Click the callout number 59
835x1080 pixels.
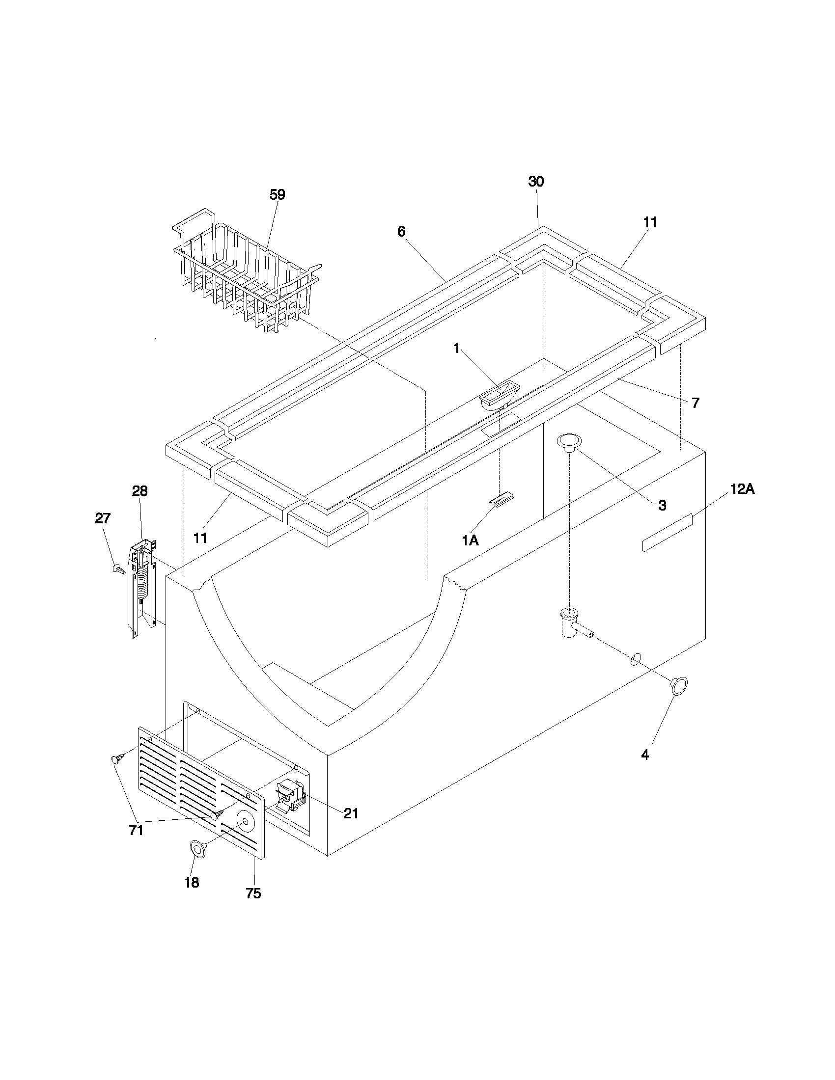277,195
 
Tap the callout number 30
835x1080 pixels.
536,182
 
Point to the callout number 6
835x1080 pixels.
401,231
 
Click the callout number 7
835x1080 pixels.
696,403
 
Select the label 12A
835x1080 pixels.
742,489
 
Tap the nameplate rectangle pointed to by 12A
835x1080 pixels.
667,533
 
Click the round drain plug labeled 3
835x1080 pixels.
569,442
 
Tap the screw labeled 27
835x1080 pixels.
119,569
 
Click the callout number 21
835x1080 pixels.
351,813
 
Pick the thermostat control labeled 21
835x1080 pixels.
292,796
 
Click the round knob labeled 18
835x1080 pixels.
197,850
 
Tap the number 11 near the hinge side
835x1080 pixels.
200,538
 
